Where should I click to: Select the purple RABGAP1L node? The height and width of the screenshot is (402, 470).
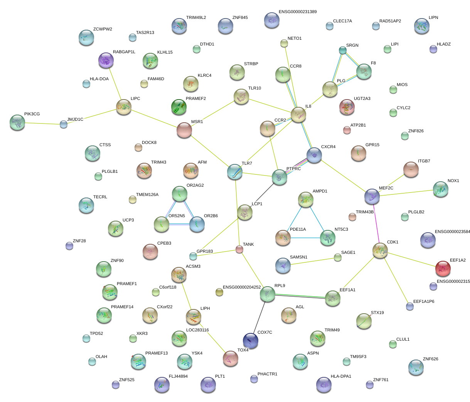pyautogui.click(x=106, y=60)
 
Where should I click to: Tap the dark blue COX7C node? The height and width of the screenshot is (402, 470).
pyautogui.click(x=251, y=340)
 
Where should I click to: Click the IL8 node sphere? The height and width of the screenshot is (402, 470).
pyautogui.click(x=298, y=114)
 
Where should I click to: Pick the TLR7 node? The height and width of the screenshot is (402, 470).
pyautogui.click(x=235, y=172)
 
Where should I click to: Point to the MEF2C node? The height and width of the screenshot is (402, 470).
pyautogui.click(x=372, y=196)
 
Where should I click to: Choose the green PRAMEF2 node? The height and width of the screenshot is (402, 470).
pyautogui.click(x=179, y=107)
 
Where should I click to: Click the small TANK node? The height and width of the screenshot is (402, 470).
pyautogui.click(x=239, y=250)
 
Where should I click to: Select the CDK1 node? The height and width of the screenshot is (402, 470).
pyautogui.click(x=380, y=250)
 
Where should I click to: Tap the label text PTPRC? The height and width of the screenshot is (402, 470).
pyautogui.click(x=293, y=169)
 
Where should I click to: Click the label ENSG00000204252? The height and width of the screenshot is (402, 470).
pyautogui.click(x=242, y=287)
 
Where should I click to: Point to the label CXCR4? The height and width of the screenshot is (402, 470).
pyautogui.click(x=328, y=147)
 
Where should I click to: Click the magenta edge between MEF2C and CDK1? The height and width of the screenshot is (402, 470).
pyautogui.click(x=376, y=223)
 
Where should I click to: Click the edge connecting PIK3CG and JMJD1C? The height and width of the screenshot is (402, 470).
pyautogui.click(x=40, y=123)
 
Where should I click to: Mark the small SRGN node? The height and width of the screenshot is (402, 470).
pyautogui.click(x=342, y=50)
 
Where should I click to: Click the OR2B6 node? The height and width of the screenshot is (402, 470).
pyautogui.click(x=197, y=224)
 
